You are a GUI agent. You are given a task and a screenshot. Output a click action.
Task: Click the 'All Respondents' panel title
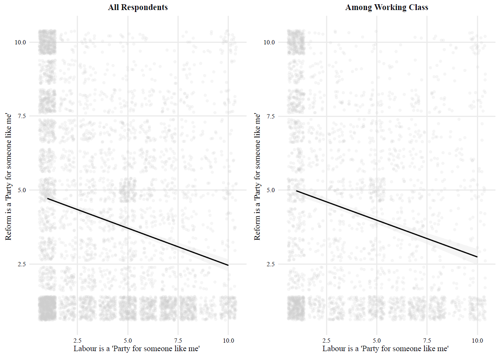click(x=138, y=7)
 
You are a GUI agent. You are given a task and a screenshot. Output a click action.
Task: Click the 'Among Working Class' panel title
click(x=387, y=7)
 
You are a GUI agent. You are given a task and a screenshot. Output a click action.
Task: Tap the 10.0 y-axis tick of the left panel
click(x=20, y=42)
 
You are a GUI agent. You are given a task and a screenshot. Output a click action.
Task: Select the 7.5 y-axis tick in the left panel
click(x=22, y=116)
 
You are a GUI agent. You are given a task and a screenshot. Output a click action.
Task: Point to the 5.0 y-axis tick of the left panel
click(x=22, y=190)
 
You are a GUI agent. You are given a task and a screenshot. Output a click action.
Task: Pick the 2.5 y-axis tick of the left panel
click(x=22, y=264)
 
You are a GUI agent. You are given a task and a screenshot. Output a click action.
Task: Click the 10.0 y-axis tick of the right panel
click(x=269, y=42)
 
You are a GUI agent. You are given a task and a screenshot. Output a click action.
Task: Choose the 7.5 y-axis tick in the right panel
click(x=271, y=116)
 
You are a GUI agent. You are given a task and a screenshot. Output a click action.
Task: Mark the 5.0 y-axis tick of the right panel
click(x=271, y=190)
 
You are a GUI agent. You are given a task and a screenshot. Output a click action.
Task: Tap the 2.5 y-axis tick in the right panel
click(x=271, y=264)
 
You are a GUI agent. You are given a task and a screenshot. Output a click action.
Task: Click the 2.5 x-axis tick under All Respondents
click(x=77, y=340)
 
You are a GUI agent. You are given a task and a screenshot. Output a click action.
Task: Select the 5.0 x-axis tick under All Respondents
click(x=128, y=340)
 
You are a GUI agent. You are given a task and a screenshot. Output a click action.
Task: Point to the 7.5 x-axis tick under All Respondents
click(x=178, y=340)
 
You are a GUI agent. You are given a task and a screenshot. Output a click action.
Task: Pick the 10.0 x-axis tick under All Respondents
click(x=228, y=340)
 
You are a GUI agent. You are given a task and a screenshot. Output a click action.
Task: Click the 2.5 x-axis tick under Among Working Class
click(x=326, y=340)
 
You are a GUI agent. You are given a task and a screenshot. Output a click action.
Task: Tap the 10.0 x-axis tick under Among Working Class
click(x=477, y=340)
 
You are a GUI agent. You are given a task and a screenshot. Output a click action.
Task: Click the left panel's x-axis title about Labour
click(x=137, y=349)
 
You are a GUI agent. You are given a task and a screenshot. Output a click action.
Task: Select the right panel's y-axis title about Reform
click(x=257, y=177)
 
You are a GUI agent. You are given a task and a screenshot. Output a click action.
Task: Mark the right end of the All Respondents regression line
click(x=228, y=265)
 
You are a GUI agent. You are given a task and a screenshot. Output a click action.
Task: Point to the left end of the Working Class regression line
click(x=296, y=191)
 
